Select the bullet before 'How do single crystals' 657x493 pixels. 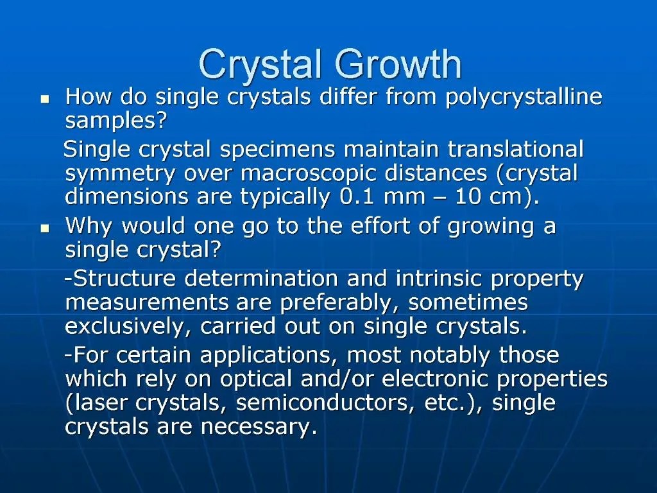[45, 99]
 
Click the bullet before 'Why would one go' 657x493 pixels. [45, 228]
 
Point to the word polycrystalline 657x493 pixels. [524, 98]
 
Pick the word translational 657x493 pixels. [515, 150]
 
